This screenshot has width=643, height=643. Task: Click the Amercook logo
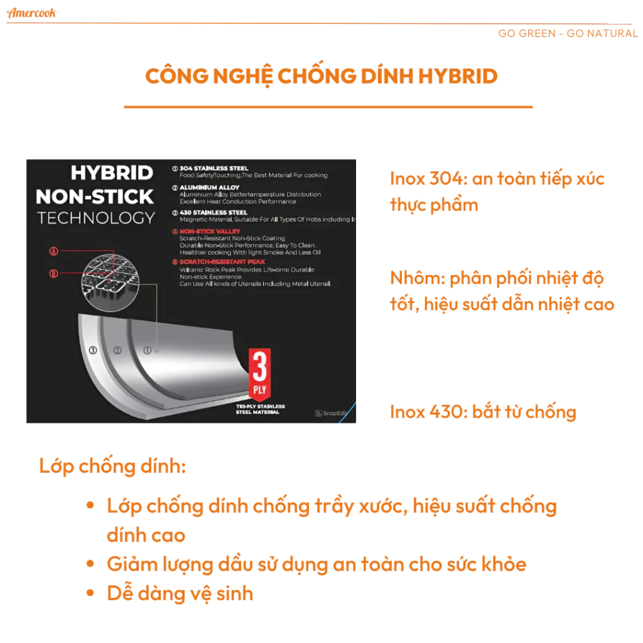(x=32, y=13)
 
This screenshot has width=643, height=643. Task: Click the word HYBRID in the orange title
(x=458, y=76)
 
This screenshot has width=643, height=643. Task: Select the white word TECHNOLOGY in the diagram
(x=95, y=219)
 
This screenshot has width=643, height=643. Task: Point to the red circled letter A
(x=53, y=251)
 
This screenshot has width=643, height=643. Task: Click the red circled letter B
(x=53, y=273)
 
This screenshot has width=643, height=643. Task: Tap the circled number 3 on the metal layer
(x=93, y=350)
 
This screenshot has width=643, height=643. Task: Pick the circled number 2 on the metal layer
(x=117, y=350)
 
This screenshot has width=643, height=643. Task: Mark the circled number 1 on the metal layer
(x=148, y=350)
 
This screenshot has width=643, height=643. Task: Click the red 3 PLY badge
(x=259, y=372)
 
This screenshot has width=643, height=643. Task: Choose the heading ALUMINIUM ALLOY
(x=209, y=188)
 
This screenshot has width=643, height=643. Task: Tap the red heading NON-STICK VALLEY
(x=210, y=232)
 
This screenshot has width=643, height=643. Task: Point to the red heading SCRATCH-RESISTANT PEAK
(x=222, y=262)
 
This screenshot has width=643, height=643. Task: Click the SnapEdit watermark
(x=331, y=413)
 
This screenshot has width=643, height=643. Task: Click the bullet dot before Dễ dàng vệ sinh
(x=91, y=593)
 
